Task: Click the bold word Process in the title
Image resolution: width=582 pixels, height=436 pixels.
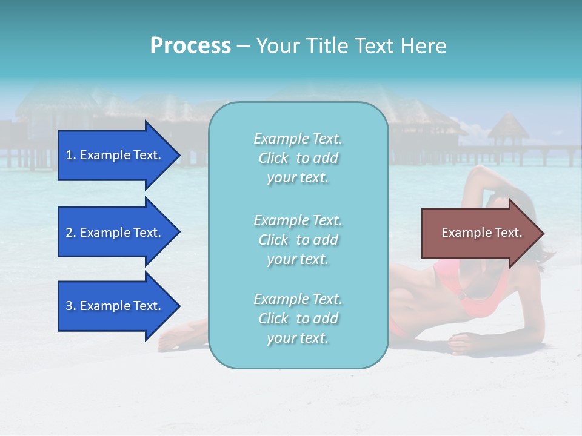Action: point(190,46)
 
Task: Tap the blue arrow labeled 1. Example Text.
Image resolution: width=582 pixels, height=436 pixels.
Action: point(115,155)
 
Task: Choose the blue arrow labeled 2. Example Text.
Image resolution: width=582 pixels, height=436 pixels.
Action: point(115,233)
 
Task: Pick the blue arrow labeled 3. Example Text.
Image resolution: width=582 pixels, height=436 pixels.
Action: point(115,306)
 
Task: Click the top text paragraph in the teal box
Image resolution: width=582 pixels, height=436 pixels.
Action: point(298,158)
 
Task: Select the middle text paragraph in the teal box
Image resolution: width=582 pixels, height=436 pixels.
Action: point(298,240)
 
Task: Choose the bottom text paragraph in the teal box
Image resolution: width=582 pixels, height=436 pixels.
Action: point(298,319)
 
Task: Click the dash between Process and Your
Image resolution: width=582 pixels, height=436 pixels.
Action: point(243,46)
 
